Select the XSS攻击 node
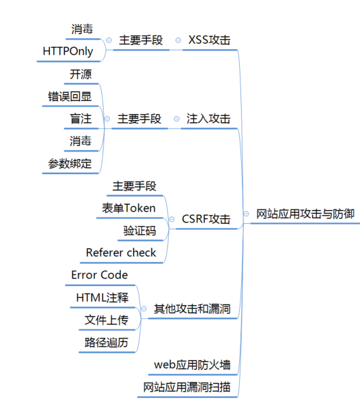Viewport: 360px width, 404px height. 209,40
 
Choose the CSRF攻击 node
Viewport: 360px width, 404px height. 206,219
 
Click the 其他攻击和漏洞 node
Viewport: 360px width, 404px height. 192,308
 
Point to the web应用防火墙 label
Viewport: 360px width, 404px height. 192,364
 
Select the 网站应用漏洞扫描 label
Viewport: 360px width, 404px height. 186,387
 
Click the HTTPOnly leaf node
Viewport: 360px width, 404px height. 68,51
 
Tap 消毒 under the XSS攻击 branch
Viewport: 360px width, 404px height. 82,29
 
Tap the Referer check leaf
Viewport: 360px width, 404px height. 121,252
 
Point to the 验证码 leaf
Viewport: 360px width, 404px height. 139,231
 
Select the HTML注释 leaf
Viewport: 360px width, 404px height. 102,298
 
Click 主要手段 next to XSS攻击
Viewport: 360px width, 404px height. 141,40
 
